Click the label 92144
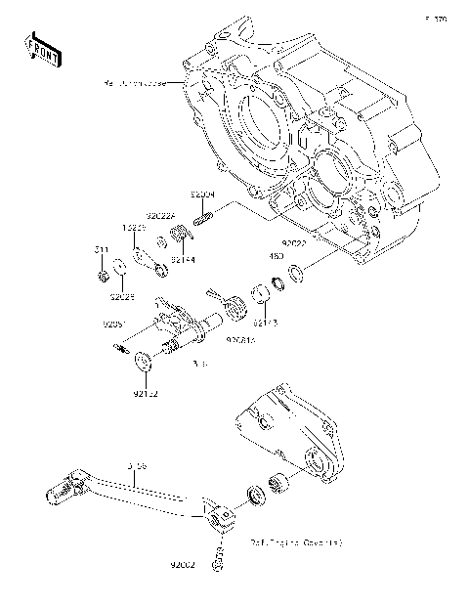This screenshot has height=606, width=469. [x=184, y=261]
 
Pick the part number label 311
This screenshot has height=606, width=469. [x=100, y=251]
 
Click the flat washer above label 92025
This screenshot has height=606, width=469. [x=118, y=265]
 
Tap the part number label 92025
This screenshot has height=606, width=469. [x=122, y=294]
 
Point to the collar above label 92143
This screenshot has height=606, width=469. [x=262, y=294]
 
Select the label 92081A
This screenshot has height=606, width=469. [x=240, y=339]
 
